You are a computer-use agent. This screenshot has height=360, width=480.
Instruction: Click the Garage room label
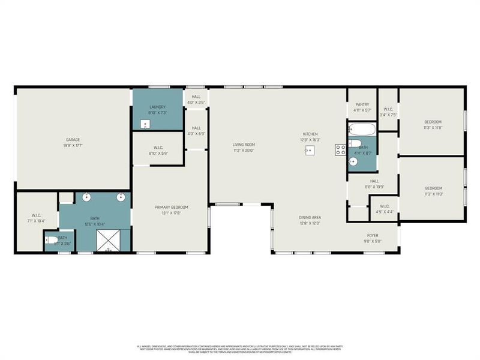click(x=73, y=140)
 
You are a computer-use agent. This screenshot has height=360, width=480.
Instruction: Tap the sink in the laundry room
click(x=145, y=124)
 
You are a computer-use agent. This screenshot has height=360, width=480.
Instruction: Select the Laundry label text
click(x=157, y=107)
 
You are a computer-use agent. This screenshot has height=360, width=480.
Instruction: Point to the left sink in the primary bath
click(x=87, y=197)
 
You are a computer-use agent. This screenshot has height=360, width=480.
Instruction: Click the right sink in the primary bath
click(x=121, y=197)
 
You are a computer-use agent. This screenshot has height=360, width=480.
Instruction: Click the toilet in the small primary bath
click(x=50, y=241)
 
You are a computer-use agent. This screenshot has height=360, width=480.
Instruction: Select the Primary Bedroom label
click(x=170, y=207)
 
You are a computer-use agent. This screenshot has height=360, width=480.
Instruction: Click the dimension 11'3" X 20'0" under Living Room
click(x=244, y=151)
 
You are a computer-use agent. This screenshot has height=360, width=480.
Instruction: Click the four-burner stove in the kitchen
click(x=340, y=150)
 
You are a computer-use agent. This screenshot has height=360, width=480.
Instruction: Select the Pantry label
click(x=362, y=104)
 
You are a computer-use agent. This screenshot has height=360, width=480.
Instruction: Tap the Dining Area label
click(x=310, y=217)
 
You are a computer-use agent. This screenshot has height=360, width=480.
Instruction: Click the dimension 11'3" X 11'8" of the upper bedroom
click(x=433, y=127)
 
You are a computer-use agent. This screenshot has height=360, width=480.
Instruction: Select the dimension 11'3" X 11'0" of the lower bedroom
click(x=433, y=194)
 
